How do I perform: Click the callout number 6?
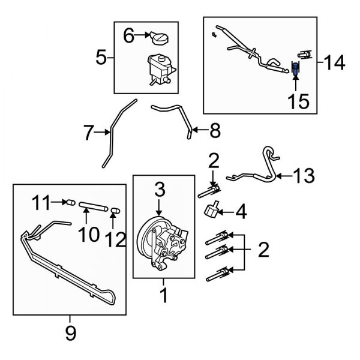[129, 37]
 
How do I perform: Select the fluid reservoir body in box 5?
[159, 68]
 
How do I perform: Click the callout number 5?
[101, 58]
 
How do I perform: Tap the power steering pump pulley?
[147, 235]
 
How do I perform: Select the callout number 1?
[162, 296]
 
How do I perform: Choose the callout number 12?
[115, 239]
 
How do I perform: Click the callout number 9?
[71, 334]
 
